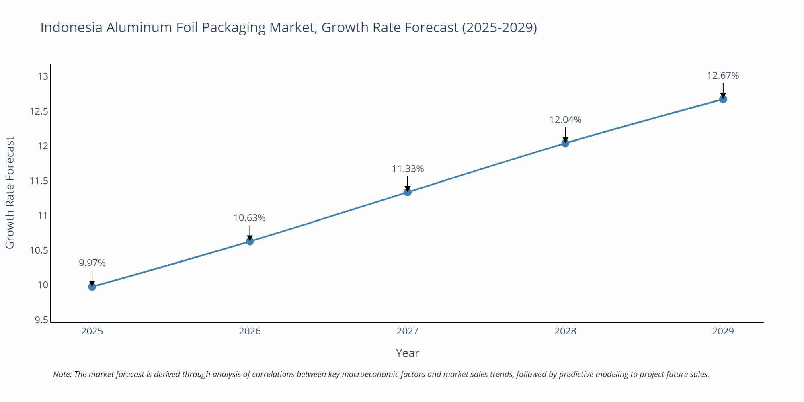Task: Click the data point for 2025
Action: coord(92,287)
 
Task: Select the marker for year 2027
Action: coord(408,192)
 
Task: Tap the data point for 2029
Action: coord(723,99)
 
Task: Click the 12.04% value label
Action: coord(565,120)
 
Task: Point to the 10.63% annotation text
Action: coord(249,218)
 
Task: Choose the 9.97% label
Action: coord(92,263)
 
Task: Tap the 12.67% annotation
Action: coord(723,76)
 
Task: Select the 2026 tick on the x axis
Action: coord(250,331)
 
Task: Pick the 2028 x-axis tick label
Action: coord(565,331)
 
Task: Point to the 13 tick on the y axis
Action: coord(43,76)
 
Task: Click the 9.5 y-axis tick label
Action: coord(41,320)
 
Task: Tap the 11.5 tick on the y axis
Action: coord(39,181)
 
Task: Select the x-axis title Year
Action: coord(407,353)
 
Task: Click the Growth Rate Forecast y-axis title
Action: coord(10,193)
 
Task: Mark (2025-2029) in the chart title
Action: coord(499,27)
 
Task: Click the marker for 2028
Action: coord(565,143)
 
